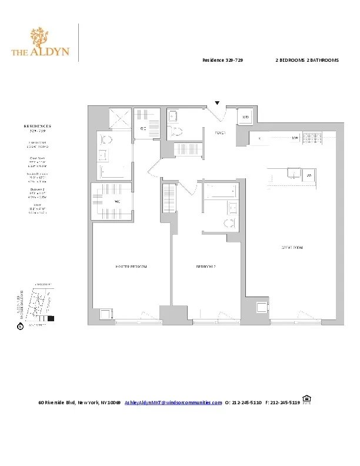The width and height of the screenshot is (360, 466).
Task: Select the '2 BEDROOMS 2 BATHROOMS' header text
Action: point(306,61)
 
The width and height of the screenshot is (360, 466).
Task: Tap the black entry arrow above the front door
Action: point(217,103)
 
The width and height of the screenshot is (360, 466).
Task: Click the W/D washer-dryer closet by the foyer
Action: point(245,117)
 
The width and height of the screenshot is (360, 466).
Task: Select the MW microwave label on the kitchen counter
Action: point(295,138)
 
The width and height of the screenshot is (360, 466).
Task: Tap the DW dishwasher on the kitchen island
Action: point(308,175)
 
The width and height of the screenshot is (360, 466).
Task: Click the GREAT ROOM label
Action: point(291,248)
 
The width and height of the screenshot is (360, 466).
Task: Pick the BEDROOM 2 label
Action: point(206,267)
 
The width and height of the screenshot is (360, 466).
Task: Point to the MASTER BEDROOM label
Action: point(131,267)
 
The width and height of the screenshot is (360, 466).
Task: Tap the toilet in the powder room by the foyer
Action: point(175,131)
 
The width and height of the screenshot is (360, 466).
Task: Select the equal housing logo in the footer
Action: point(306,400)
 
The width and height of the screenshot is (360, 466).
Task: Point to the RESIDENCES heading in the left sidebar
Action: point(38,126)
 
